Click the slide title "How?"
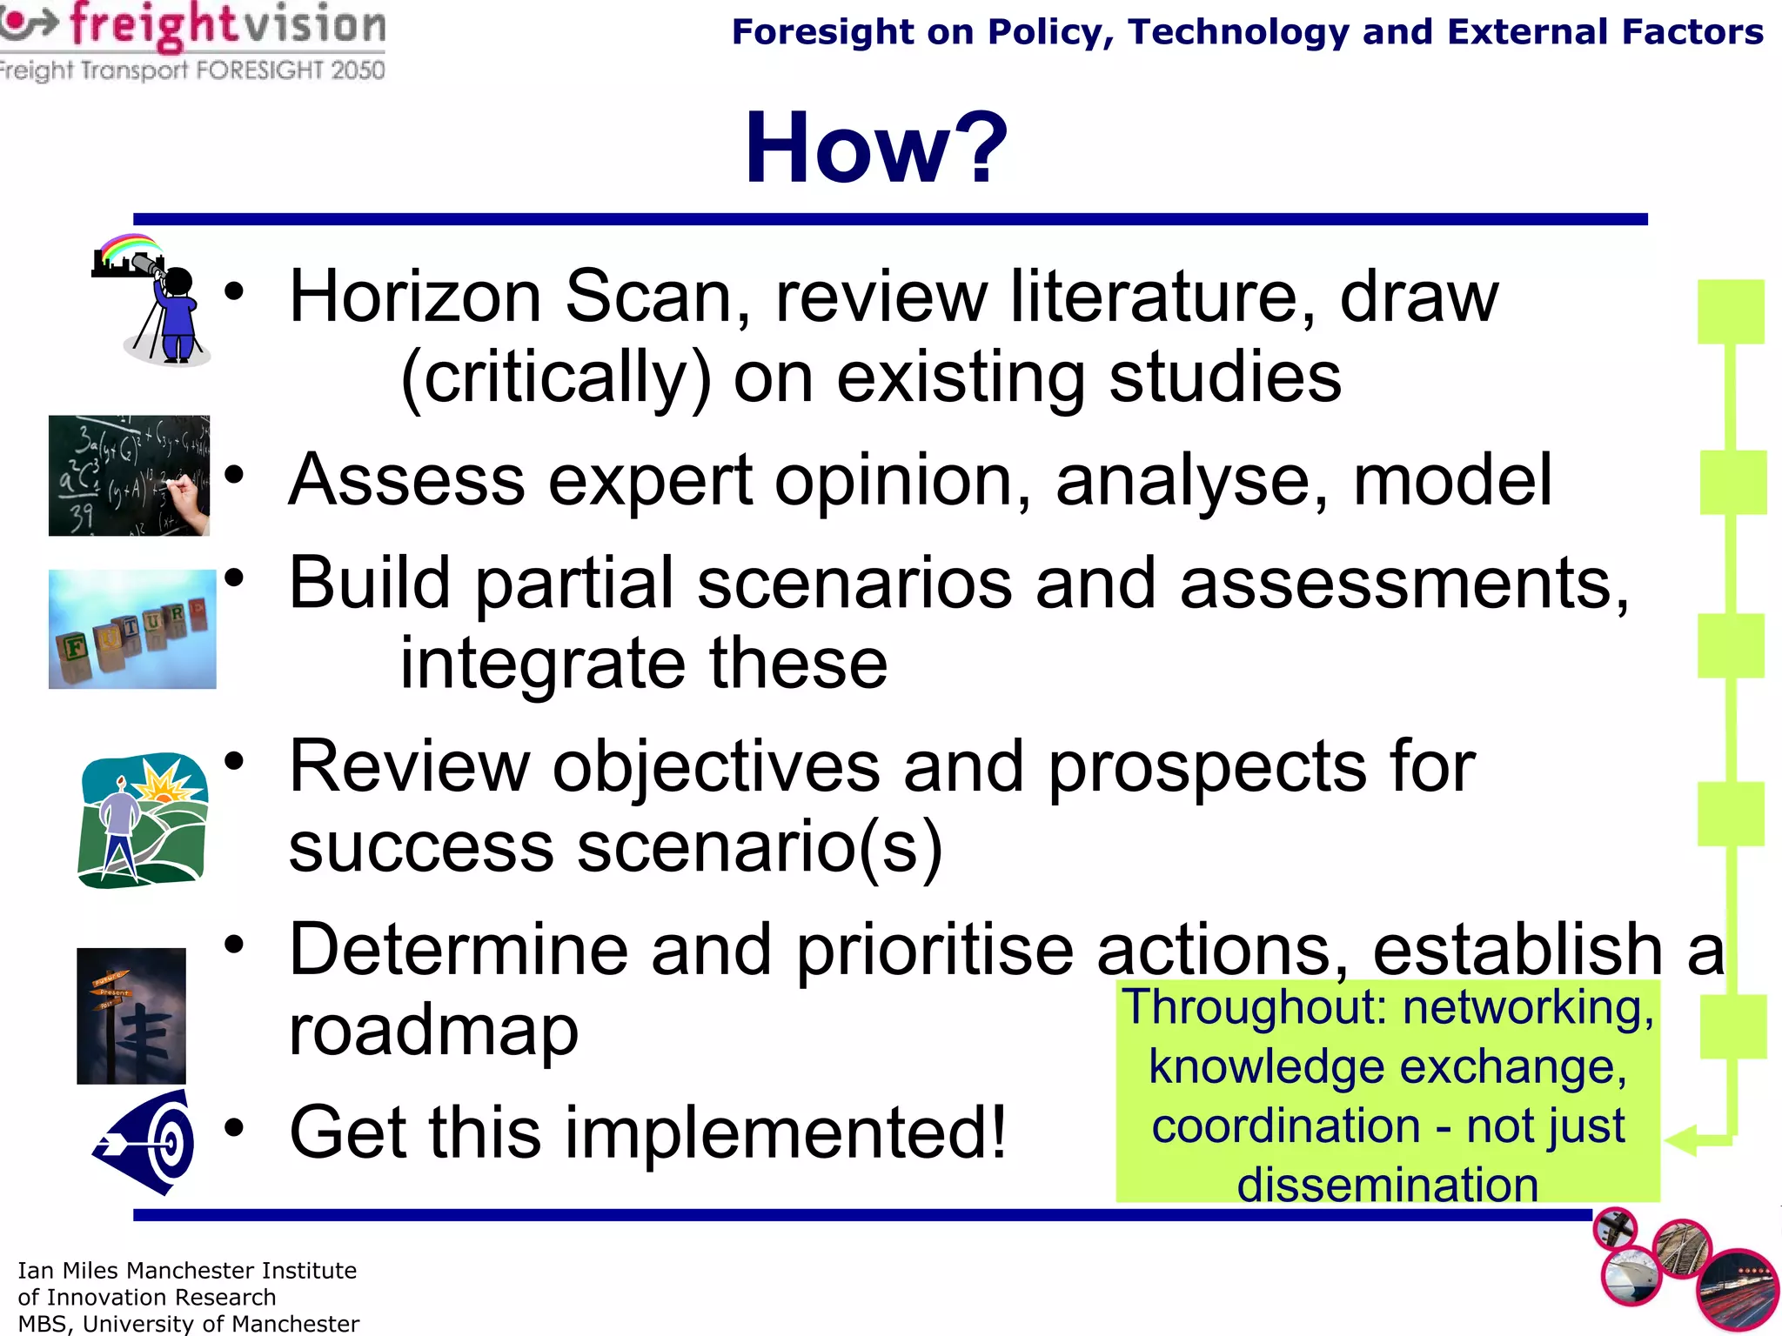(875, 148)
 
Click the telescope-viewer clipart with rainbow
(153, 300)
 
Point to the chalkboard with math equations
(129, 476)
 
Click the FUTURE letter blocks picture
(132, 629)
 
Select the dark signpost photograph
(131, 1016)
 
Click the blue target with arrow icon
(146, 1142)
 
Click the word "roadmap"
(433, 1030)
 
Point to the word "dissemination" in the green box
(1388, 1185)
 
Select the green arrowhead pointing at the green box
(1681, 1140)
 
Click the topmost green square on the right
(1731, 311)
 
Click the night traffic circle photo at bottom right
(1738, 1293)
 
